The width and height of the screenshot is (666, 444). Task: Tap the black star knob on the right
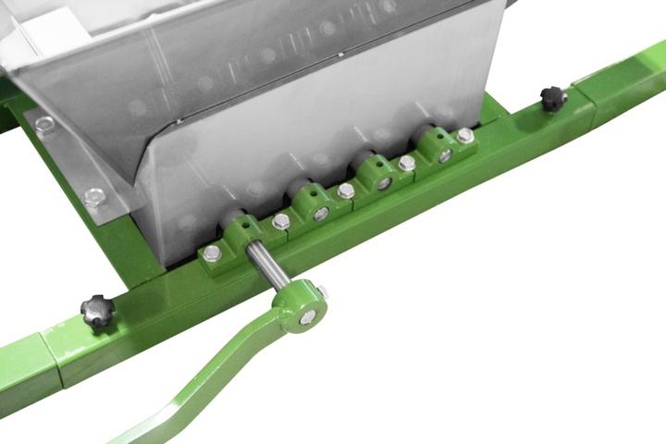[553, 97]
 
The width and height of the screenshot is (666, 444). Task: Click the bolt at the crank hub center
[305, 317]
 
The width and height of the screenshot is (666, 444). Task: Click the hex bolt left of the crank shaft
[212, 253]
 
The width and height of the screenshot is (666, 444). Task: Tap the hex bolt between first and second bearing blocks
[281, 222]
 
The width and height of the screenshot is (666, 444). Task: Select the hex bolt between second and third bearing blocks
[346, 191]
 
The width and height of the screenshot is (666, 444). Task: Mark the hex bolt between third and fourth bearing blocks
[407, 163]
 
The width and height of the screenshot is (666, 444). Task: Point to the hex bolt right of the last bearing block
[464, 136]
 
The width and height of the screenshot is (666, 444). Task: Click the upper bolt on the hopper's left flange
[43, 124]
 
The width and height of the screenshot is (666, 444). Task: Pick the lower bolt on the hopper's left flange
[94, 197]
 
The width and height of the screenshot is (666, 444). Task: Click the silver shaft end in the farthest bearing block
[445, 155]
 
